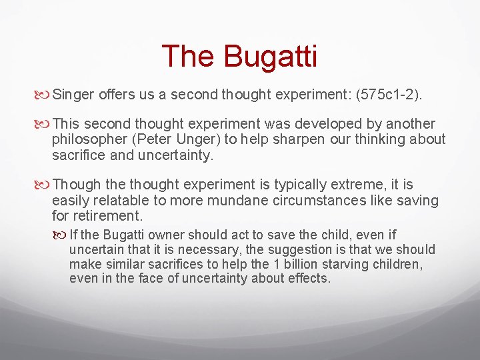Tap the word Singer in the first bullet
74,95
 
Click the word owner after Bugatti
167,235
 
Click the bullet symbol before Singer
44,95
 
